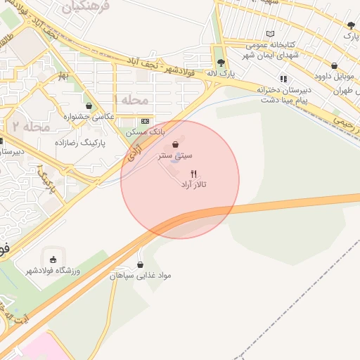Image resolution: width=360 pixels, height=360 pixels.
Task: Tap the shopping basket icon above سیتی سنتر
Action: click(185, 145)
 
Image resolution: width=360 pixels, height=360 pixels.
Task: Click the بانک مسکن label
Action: click(145, 131)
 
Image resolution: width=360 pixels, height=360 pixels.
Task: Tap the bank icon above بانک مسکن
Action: click(145, 121)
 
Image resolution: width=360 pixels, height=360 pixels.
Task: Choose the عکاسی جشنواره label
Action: click(89, 116)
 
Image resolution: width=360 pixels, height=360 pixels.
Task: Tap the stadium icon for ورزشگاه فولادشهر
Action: click(53, 259)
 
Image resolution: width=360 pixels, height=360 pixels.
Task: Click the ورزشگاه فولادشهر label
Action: click(53, 271)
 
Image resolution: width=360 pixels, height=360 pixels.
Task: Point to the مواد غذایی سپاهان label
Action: click(141, 276)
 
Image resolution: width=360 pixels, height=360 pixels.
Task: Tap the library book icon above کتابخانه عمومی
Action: click(271, 33)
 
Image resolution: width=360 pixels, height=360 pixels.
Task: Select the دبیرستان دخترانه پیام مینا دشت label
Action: click(284, 94)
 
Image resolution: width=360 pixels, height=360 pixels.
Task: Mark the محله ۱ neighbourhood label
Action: click(135, 100)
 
